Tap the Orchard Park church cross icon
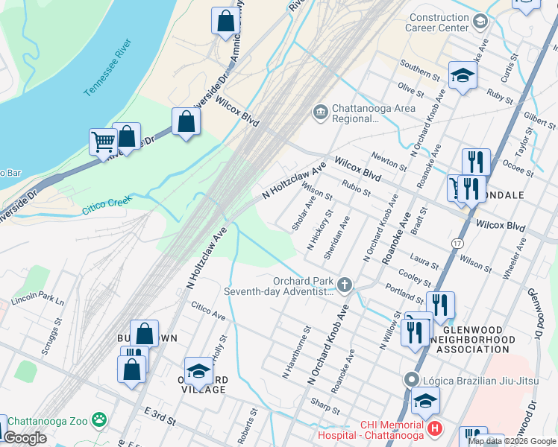click(345, 283)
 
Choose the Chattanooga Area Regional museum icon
click(321, 112)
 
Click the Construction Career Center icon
click(480, 21)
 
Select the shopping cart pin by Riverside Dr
click(103, 140)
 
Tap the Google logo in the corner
click(25, 438)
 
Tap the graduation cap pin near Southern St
click(463, 75)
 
